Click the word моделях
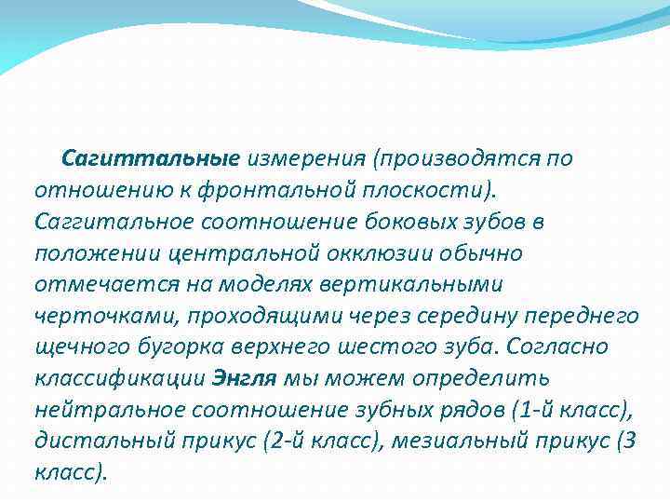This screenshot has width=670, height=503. point(263,284)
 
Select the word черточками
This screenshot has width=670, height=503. point(100,316)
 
